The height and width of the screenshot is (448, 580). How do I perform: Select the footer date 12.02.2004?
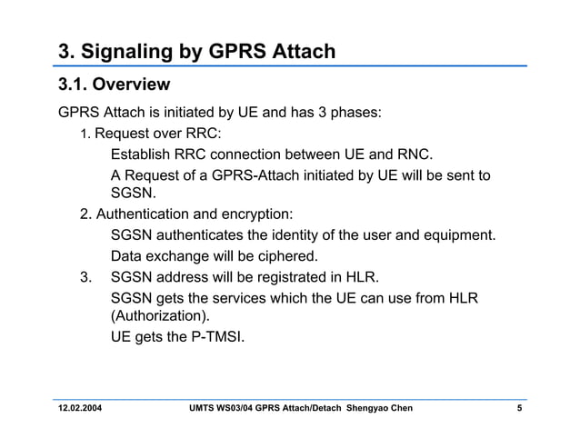tap(80, 408)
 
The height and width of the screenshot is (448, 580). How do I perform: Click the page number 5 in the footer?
tap(519, 408)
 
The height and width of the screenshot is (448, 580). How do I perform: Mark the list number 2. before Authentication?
tap(85, 214)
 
